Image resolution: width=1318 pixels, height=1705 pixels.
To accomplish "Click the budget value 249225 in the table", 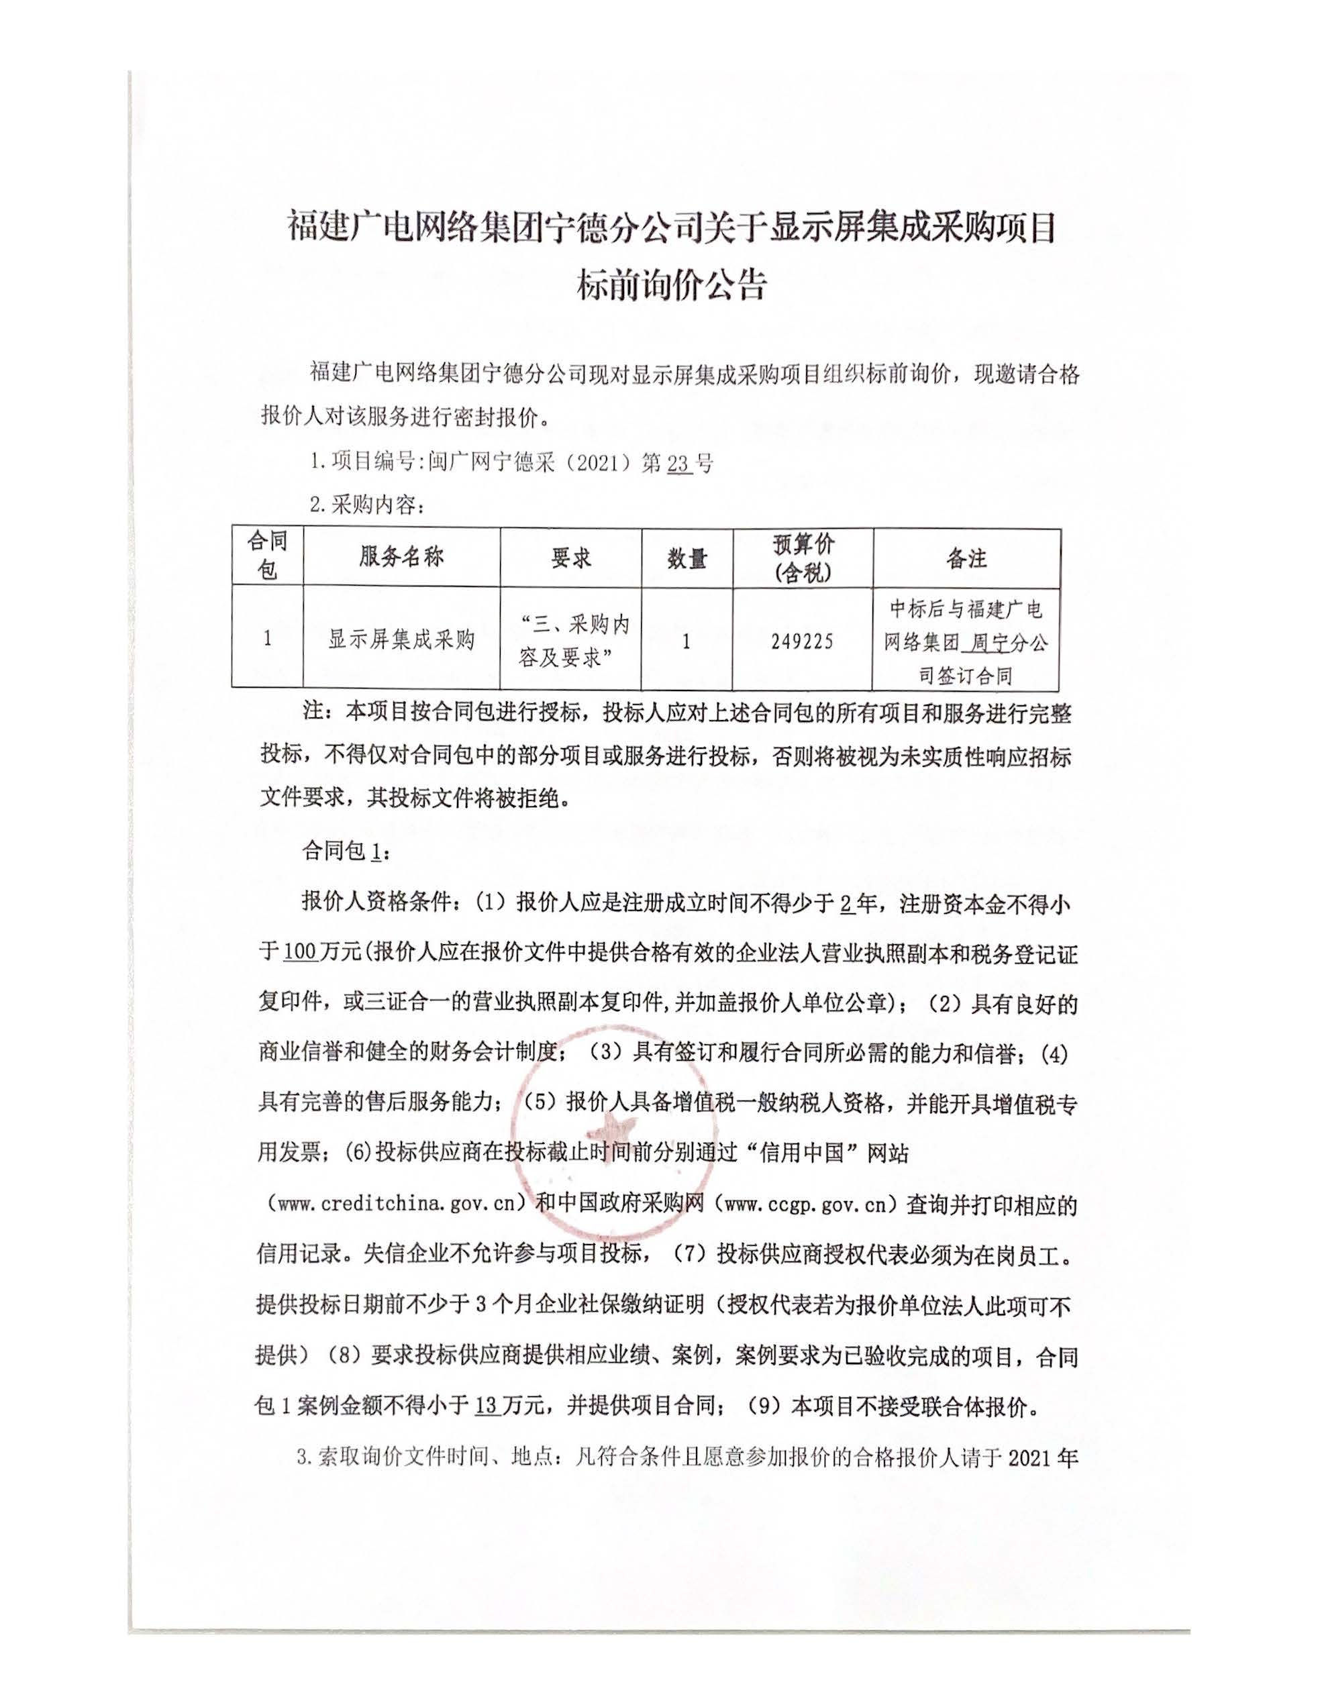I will coord(802,641).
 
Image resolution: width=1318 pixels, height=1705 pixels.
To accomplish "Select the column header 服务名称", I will coord(401,557).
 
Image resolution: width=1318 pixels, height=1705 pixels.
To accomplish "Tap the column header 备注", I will coord(966,558).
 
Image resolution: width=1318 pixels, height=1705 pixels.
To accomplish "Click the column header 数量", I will coord(687,558).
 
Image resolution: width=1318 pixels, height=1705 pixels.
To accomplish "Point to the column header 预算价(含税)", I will coord(803,558).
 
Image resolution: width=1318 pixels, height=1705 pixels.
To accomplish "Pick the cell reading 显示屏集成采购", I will coord(401,640).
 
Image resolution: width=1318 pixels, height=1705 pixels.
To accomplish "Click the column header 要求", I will coord(571,558).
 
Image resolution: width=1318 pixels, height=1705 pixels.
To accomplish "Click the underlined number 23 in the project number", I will coord(678,464).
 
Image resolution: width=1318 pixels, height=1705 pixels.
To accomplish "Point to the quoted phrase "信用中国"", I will coord(803,1152).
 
